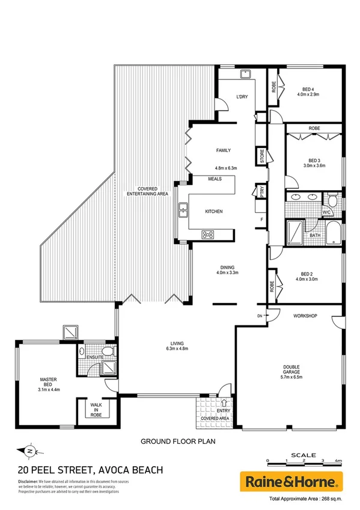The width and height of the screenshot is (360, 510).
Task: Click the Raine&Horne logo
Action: pyautogui.click(x=291, y=481)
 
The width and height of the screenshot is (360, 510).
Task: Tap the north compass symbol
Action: pyautogui.click(x=29, y=449)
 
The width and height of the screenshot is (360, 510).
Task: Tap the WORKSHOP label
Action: pyautogui.click(x=305, y=316)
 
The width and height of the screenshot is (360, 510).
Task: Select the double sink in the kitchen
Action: pyautogui.click(x=183, y=211)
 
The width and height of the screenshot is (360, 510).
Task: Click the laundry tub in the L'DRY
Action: pyautogui.click(x=245, y=74)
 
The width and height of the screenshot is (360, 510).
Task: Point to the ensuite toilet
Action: pyautogui.click(x=107, y=351)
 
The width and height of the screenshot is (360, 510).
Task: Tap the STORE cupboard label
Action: pyautogui.click(x=261, y=156)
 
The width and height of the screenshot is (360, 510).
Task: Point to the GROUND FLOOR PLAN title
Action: pyautogui.click(x=177, y=441)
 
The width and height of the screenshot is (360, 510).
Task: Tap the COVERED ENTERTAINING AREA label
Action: pyautogui.click(x=147, y=191)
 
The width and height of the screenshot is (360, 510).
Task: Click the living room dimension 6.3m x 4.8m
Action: pyautogui.click(x=177, y=348)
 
